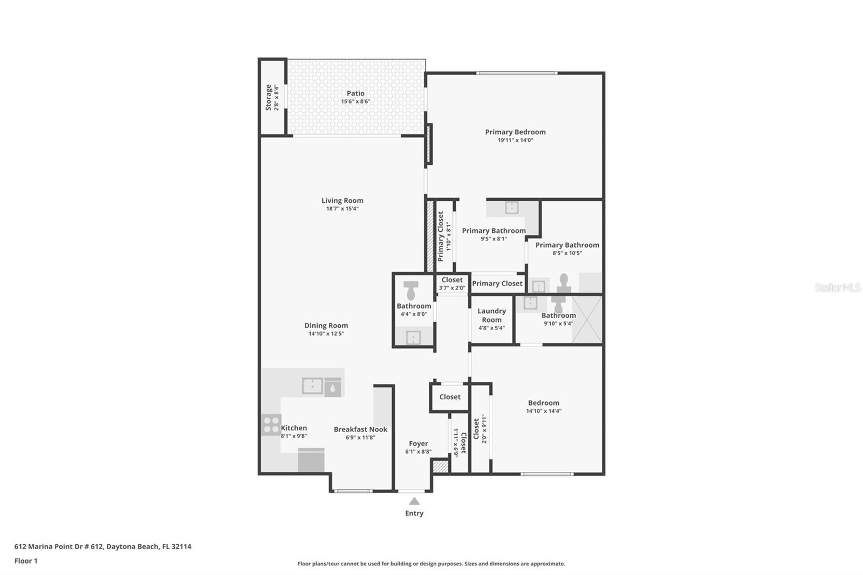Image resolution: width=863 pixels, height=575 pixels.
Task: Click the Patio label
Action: [x=355, y=93]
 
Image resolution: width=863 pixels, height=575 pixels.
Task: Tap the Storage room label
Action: [x=268, y=97]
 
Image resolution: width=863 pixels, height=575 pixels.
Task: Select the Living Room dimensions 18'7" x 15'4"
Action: [x=342, y=209]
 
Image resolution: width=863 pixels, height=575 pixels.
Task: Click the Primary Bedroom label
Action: [x=515, y=132]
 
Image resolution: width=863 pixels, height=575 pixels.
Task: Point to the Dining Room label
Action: [x=326, y=325]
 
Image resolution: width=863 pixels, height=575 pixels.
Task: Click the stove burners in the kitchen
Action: [x=271, y=424]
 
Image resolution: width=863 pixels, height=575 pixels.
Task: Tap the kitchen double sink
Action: [x=312, y=386]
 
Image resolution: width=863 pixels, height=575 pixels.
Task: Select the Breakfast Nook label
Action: [x=360, y=429]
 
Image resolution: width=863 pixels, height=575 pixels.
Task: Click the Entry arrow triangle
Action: [x=414, y=501]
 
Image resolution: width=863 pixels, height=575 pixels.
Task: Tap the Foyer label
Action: [x=418, y=443]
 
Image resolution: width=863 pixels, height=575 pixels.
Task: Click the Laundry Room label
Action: [x=491, y=315]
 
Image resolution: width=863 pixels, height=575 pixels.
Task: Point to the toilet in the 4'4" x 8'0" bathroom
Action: [x=411, y=290]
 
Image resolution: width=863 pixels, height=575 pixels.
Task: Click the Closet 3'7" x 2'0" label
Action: [x=452, y=280]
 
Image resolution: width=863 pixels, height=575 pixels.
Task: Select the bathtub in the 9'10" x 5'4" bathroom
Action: [x=587, y=320]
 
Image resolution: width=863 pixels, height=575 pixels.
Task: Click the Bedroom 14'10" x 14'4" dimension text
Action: [x=544, y=411]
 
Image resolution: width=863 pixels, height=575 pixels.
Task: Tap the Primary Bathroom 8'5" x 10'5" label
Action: [x=567, y=245]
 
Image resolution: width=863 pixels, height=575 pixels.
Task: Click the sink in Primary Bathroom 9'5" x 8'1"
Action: [x=511, y=208]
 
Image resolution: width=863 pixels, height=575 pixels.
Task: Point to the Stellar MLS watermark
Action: [x=837, y=287]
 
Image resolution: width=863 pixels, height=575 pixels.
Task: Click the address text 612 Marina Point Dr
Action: [x=102, y=546]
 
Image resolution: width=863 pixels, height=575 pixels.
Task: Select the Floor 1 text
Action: [x=26, y=561]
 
